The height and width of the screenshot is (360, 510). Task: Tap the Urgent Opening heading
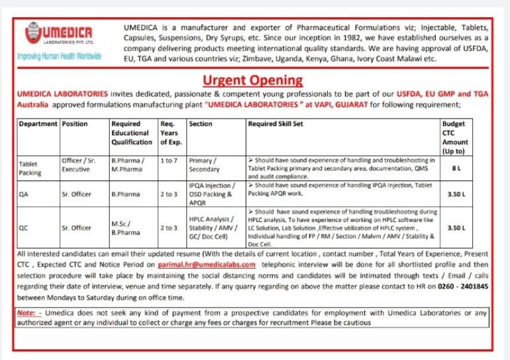coord(252,81)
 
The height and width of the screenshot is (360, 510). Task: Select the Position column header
coord(74,124)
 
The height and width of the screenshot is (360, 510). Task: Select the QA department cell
coord(24,194)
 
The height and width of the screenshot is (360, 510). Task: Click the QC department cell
coord(24,227)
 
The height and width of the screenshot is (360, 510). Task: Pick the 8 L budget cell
coord(456,169)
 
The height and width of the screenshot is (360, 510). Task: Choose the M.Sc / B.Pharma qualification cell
coord(125,228)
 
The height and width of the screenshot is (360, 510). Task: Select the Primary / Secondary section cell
coord(205,164)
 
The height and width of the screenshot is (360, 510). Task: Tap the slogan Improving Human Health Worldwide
coord(60,56)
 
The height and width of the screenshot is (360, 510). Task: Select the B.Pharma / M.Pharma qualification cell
coord(126,164)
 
